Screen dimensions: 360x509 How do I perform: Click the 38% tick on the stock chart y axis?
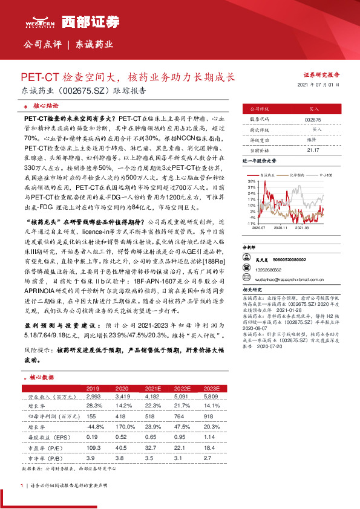251,181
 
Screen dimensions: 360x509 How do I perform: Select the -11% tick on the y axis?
250,223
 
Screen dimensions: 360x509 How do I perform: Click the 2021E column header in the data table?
154,388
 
